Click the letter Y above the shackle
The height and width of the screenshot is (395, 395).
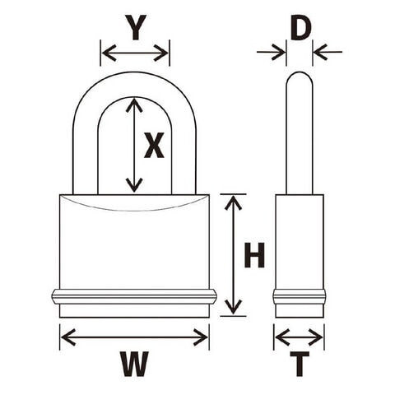[136, 27]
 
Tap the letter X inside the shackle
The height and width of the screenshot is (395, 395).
[154, 146]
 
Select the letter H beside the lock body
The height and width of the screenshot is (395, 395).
[254, 255]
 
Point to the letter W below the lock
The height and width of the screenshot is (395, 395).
[134, 364]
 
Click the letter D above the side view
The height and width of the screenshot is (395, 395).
[300, 29]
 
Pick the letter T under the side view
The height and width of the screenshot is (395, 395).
[300, 364]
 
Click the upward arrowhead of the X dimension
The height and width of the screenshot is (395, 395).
[134, 105]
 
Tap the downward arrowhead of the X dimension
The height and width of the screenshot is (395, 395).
[134, 185]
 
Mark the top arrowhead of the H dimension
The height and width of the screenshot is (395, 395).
[233, 203]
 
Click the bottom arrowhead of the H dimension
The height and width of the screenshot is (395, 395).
[233, 307]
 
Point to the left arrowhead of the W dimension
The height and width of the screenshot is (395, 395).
[68, 337]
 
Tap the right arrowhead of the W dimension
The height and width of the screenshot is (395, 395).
[201, 337]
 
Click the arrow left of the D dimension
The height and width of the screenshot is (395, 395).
[271, 52]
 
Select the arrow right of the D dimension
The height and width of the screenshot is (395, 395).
[328, 52]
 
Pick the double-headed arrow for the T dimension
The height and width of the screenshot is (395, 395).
[299, 337]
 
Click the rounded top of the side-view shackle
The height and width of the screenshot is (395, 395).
[300, 73]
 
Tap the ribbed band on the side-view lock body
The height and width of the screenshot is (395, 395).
[300, 297]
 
